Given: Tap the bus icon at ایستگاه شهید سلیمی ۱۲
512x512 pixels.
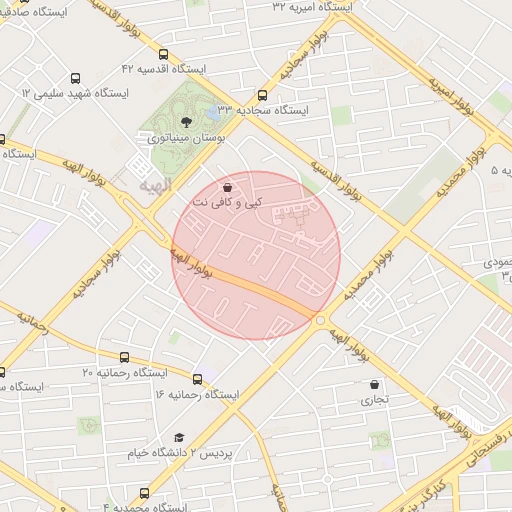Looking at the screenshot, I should tap(76, 79).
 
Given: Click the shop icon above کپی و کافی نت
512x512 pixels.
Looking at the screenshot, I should tap(228, 187).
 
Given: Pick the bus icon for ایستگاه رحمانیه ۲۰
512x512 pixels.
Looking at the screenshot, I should tap(124, 357).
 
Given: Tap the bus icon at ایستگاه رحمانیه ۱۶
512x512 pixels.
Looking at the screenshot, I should tap(197, 379).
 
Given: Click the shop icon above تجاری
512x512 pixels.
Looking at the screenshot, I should tap(375, 384).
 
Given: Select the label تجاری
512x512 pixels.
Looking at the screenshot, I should tap(375, 399).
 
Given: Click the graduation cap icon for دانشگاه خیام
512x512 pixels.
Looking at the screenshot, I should tap(179, 438).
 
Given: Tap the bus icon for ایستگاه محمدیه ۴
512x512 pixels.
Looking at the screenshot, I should tap(145, 493).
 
